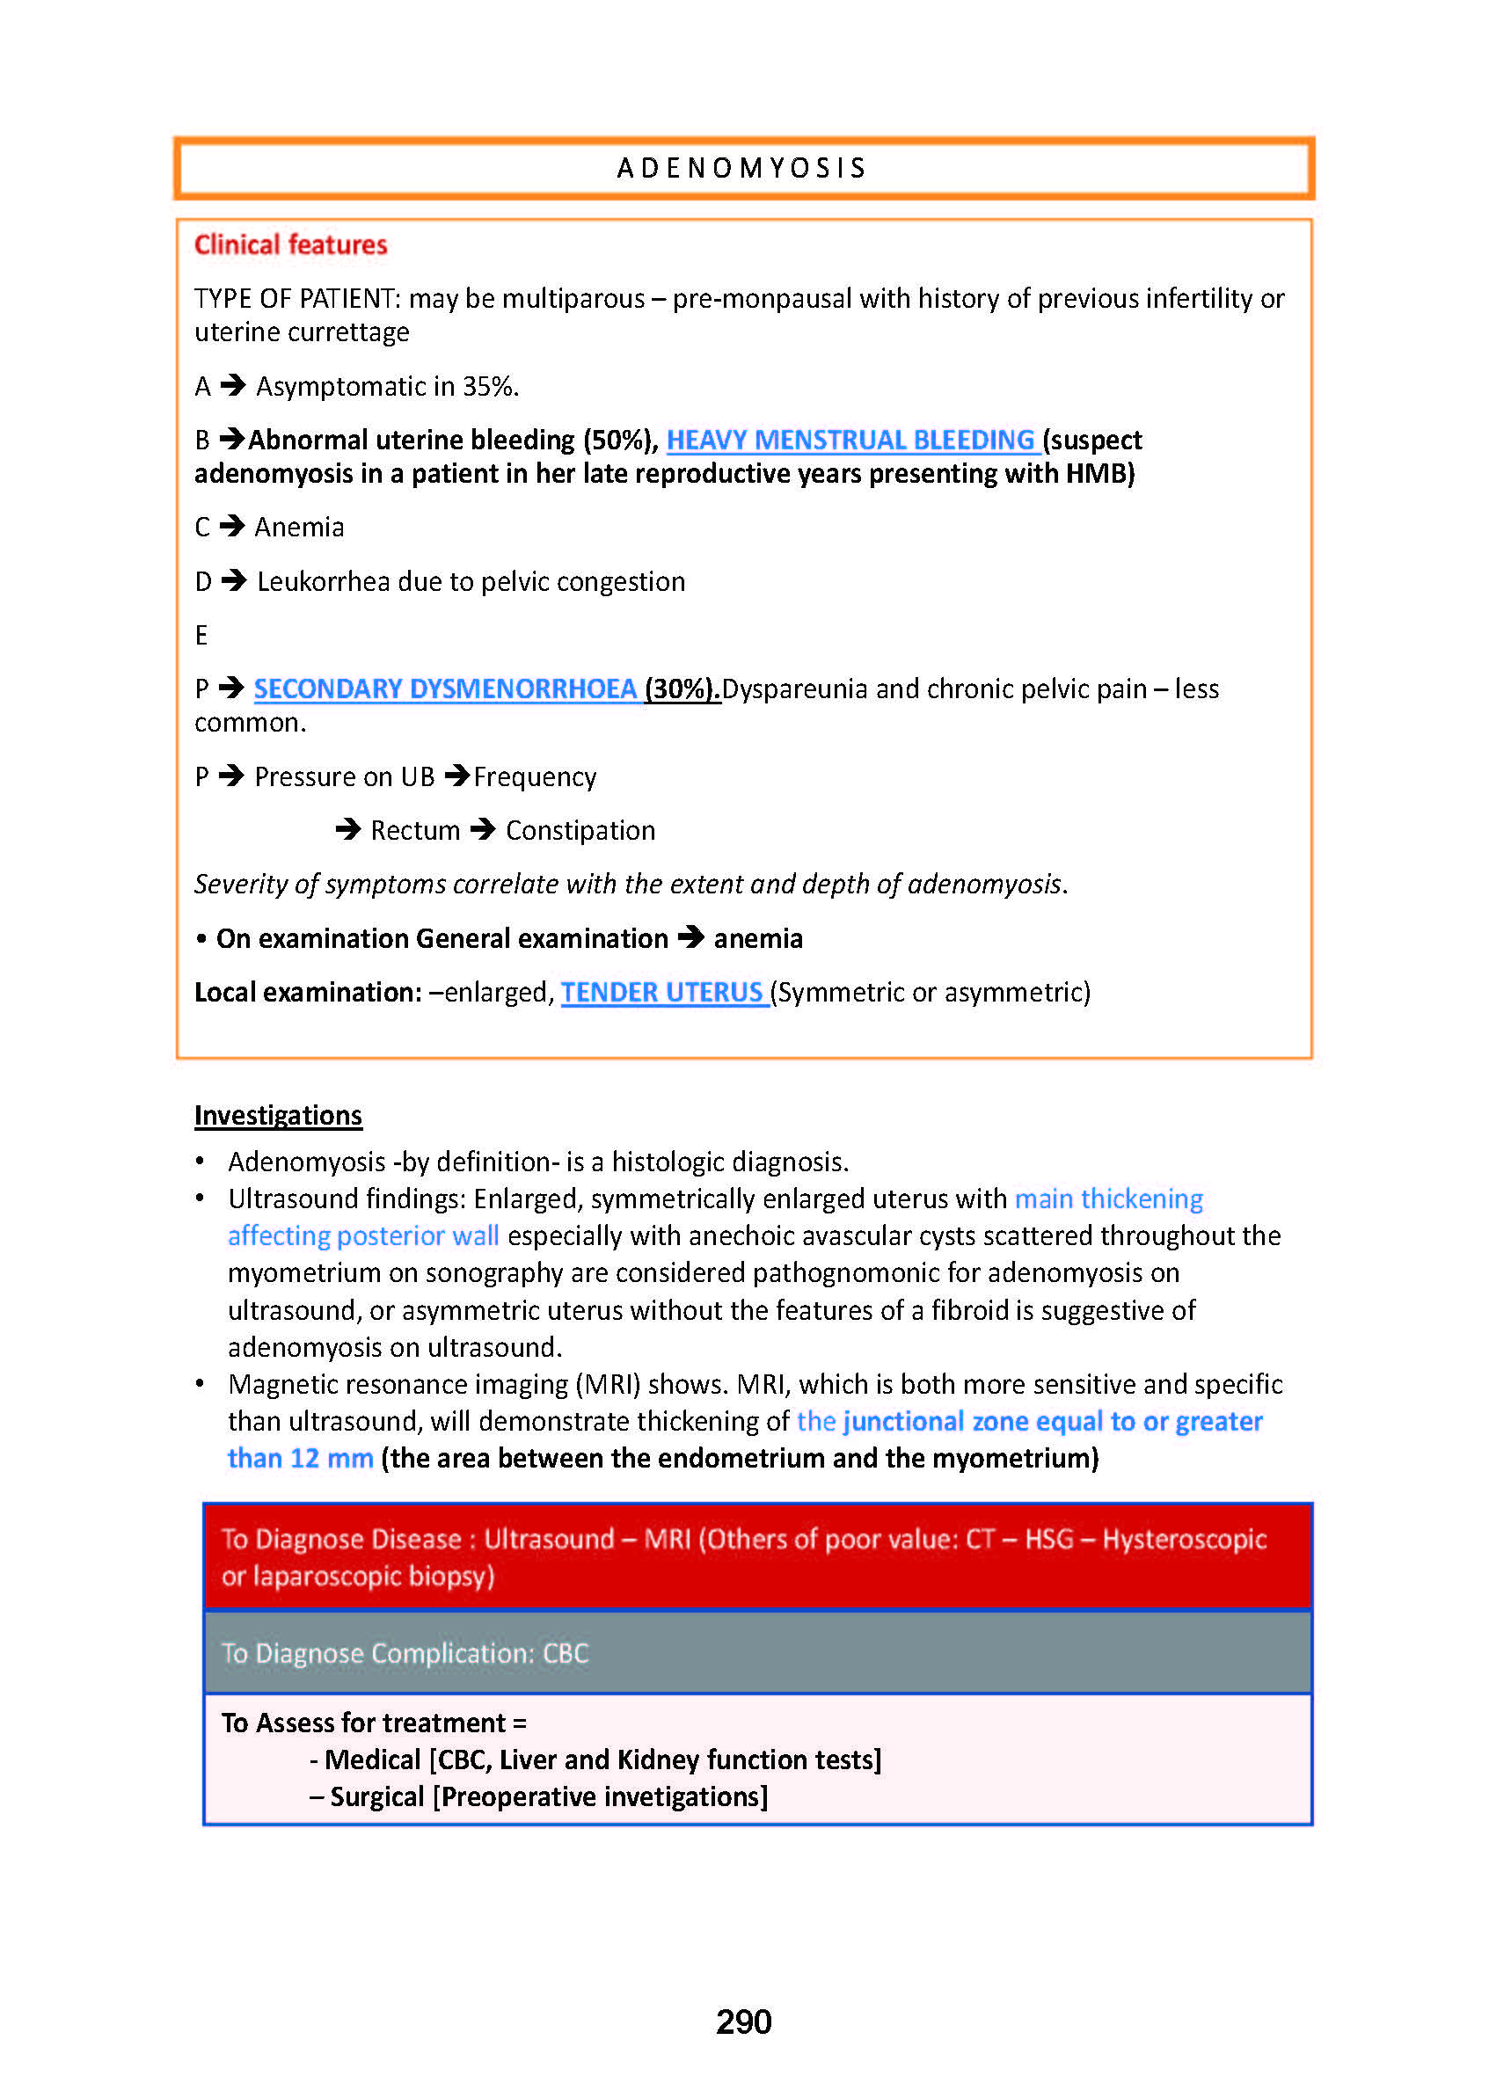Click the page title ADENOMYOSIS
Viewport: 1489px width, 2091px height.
tap(741, 169)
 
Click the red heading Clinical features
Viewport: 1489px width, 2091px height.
tap(290, 244)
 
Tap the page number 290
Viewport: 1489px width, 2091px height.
tap(743, 2021)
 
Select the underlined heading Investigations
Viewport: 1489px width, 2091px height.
tap(278, 1115)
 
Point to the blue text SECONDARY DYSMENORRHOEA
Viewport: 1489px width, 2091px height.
tap(445, 688)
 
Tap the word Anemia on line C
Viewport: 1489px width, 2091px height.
tap(299, 527)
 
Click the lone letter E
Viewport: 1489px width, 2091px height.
tap(201, 635)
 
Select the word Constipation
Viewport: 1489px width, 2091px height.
tap(580, 831)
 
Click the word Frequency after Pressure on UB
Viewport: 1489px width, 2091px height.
tap(535, 777)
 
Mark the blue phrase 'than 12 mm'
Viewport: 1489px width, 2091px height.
tap(300, 1458)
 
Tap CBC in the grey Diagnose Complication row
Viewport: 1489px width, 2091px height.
tap(566, 1653)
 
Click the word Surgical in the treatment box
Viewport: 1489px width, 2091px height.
tap(376, 1796)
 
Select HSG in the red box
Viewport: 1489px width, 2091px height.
tap(1049, 1538)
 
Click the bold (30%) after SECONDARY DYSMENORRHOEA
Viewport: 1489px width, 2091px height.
tap(682, 688)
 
